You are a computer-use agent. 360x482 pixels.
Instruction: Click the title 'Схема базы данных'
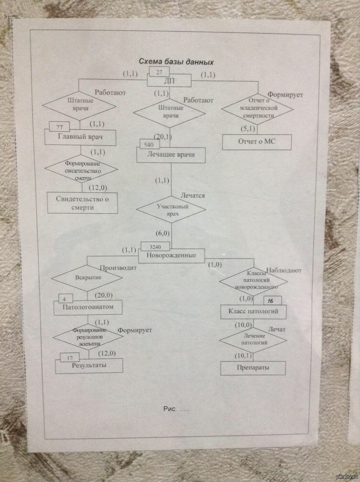coord(175,61)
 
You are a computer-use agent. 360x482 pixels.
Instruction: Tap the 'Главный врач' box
coord(80,138)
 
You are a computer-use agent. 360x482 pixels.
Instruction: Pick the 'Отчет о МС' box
coord(257,142)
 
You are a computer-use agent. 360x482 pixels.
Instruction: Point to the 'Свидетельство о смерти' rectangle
coord(82,203)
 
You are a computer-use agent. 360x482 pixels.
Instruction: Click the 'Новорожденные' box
coord(171,255)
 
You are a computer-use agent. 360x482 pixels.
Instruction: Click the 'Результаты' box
coord(89,366)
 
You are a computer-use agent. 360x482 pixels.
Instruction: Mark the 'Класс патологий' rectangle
coord(253,312)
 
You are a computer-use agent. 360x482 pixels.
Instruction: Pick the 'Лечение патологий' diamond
coord(253,340)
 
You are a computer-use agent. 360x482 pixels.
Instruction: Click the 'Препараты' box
coord(253,368)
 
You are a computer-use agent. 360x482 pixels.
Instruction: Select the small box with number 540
coord(149,144)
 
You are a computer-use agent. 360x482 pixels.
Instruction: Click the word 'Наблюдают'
coord(284,271)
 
